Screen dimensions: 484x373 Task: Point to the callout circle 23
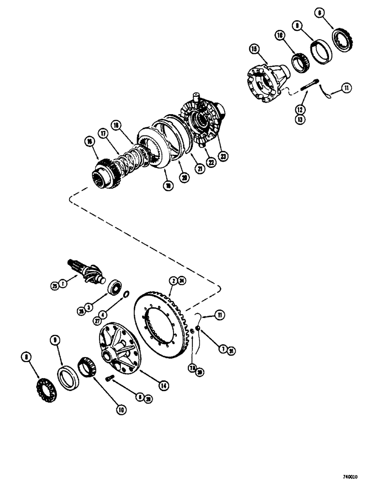pos(223,156)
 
